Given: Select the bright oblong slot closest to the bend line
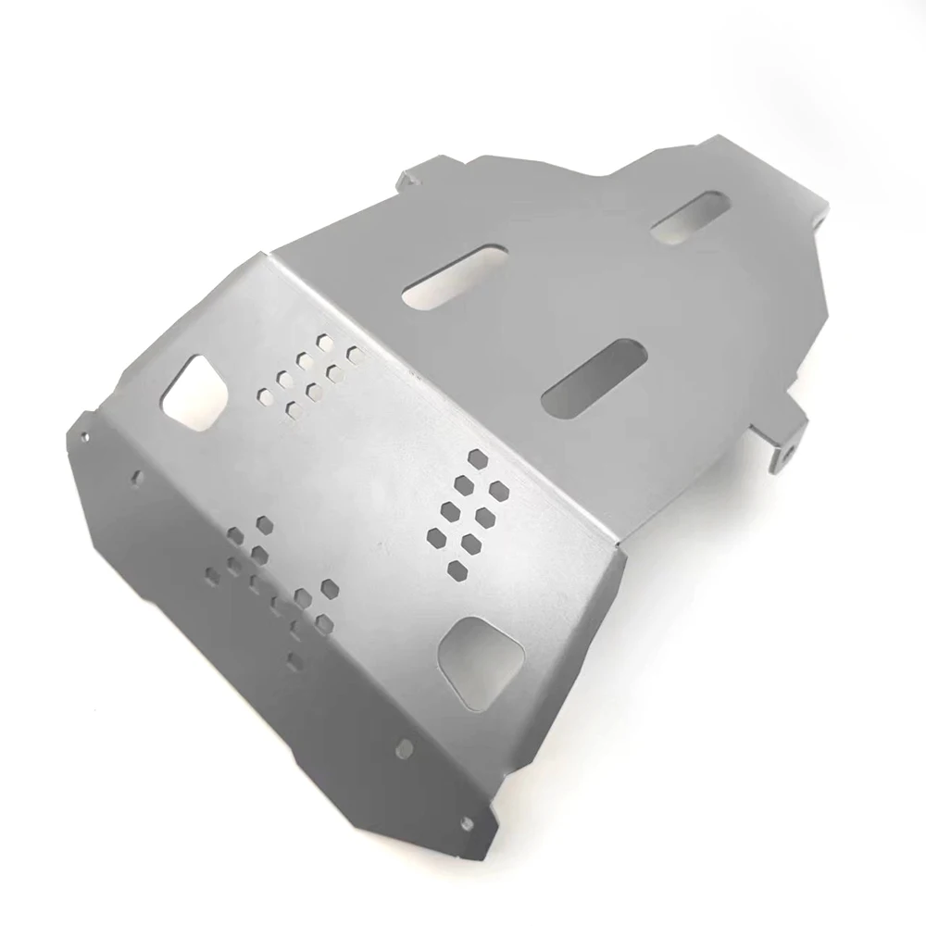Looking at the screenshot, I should point(456,275).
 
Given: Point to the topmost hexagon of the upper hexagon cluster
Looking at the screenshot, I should point(324,342).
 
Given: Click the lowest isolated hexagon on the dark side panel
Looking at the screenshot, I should point(294,658).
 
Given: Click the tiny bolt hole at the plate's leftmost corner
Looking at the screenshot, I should point(84,434).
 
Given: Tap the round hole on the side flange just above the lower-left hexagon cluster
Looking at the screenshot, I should point(138,478).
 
